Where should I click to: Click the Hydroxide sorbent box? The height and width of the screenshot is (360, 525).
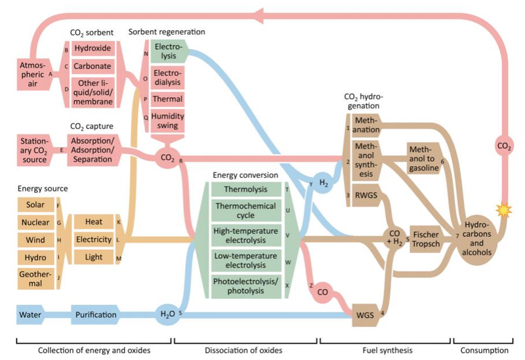[93, 49]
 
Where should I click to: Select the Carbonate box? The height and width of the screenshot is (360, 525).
[93, 67]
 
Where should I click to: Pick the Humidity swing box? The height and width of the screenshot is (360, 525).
[167, 121]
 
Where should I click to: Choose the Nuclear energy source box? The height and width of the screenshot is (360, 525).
[35, 222]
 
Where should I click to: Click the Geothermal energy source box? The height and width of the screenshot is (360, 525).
[35, 280]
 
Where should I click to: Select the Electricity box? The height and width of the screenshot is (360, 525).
[93, 239]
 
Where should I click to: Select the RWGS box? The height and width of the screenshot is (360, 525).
[364, 196]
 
